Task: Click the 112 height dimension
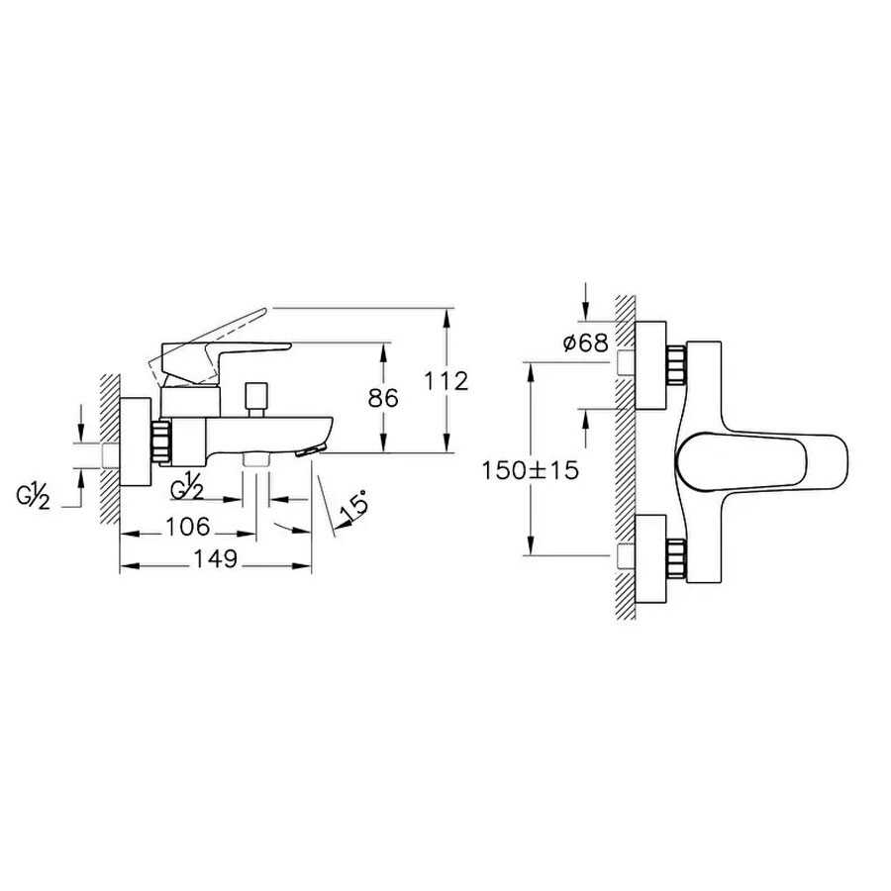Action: pos(446,381)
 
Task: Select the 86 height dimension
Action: pos(383,398)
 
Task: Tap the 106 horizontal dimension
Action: pos(188,527)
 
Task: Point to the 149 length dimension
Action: pos(216,559)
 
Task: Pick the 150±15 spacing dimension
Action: pos(531,470)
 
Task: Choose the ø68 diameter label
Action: pos(586,343)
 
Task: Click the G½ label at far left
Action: pos(33,497)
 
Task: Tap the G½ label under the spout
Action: pos(187,487)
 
